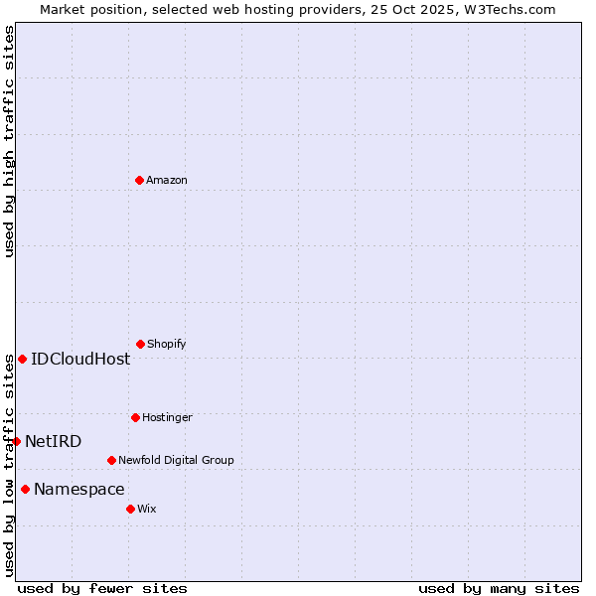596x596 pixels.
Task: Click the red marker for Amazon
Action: click(139, 180)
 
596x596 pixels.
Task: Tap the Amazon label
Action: click(167, 180)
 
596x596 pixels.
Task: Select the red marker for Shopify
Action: click(140, 344)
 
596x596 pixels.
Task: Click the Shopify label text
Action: click(167, 344)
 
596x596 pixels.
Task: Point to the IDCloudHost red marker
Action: click(22, 359)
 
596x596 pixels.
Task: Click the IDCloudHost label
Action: click(80, 360)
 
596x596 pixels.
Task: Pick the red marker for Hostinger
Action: click(135, 417)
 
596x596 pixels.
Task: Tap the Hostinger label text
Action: click(167, 417)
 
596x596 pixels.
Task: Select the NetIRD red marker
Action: click(16, 441)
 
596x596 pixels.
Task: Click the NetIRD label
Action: click(54, 442)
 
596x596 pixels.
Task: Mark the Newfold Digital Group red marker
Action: click(111, 460)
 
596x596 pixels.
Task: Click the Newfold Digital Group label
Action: click(176, 460)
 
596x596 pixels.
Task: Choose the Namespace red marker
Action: click(25, 489)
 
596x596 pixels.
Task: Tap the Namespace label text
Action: click(79, 490)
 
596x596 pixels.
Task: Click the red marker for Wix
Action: click(130, 509)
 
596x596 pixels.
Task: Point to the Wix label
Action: click(147, 509)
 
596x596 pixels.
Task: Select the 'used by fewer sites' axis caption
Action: click(102, 588)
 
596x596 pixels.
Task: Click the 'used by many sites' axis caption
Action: click(499, 588)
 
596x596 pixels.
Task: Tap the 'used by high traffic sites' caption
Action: click(9, 141)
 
